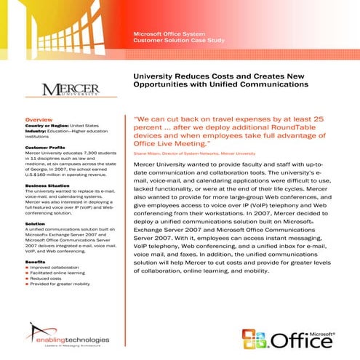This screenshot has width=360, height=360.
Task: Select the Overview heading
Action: pyautogui.click(x=39, y=118)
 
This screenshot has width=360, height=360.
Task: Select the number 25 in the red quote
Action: pyautogui.click(x=335, y=116)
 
